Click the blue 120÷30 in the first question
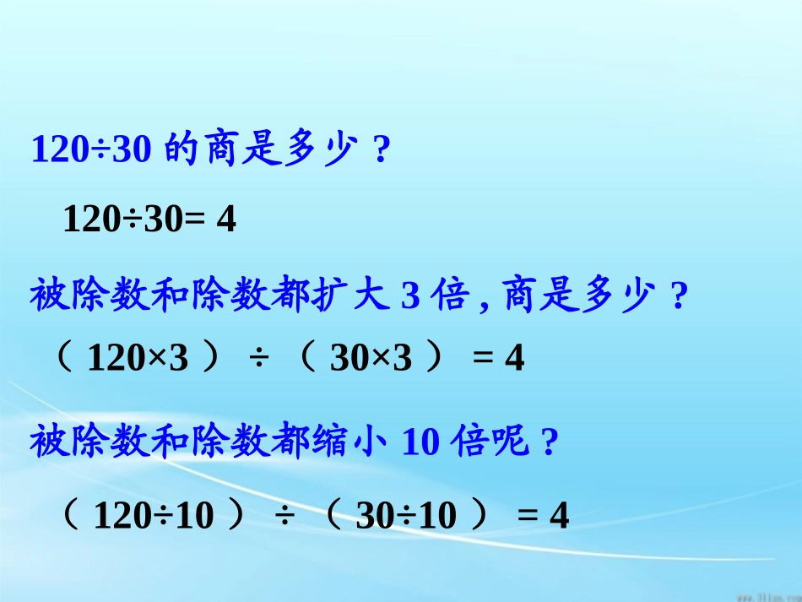click(91, 150)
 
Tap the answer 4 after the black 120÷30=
click(225, 220)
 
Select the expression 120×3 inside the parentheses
click(138, 360)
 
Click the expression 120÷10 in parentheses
click(154, 514)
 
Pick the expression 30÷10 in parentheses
click(406, 514)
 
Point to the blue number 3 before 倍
click(410, 298)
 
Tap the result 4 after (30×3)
click(514, 360)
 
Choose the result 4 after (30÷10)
click(559, 514)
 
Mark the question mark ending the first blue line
click(382, 151)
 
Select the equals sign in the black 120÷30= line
click(194, 220)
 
